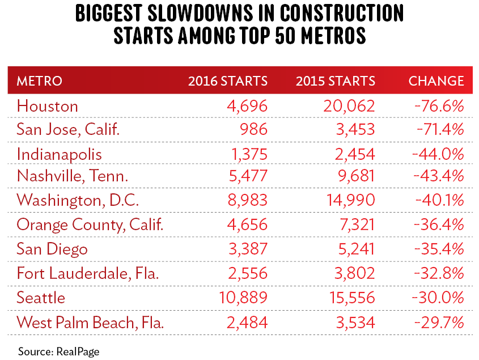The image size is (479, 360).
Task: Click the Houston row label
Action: pos(48,106)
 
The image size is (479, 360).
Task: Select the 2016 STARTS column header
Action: pos(228,81)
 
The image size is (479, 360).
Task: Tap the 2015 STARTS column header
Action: pos(336,81)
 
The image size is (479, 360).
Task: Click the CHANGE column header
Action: pos(436,81)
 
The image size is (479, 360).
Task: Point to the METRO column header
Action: pos(39,81)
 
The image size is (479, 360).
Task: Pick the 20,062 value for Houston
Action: pos(346,106)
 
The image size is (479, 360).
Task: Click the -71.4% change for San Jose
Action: pos(440,130)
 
